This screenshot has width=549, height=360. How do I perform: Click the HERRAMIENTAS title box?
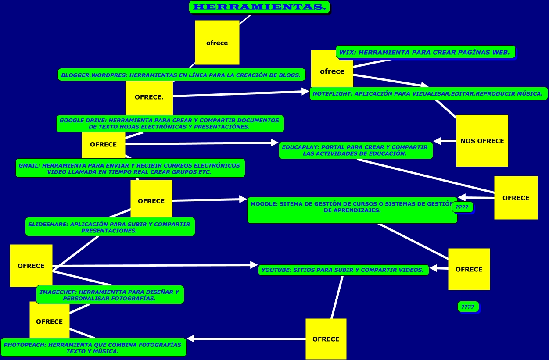click(259, 7)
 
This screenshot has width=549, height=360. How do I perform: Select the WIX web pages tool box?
click(425, 52)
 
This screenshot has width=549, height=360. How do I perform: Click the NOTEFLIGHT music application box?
click(428, 93)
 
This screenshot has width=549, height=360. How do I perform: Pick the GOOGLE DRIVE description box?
click(170, 124)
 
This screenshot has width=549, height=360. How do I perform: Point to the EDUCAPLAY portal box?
click(355, 150)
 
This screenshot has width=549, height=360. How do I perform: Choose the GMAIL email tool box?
click(130, 168)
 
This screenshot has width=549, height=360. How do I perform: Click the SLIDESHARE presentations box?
click(110, 227)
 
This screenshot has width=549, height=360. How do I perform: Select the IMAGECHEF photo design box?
click(110, 295)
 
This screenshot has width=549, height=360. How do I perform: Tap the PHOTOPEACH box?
click(93, 348)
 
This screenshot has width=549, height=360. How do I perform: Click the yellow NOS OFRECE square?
click(482, 141)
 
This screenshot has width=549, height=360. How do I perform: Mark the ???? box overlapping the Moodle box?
click(462, 207)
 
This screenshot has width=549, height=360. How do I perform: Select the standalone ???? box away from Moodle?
click(468, 307)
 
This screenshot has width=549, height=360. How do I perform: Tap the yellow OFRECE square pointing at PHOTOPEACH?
click(326, 339)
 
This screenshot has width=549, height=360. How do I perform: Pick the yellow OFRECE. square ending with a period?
click(149, 97)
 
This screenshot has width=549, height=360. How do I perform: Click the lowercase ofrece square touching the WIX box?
click(332, 71)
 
